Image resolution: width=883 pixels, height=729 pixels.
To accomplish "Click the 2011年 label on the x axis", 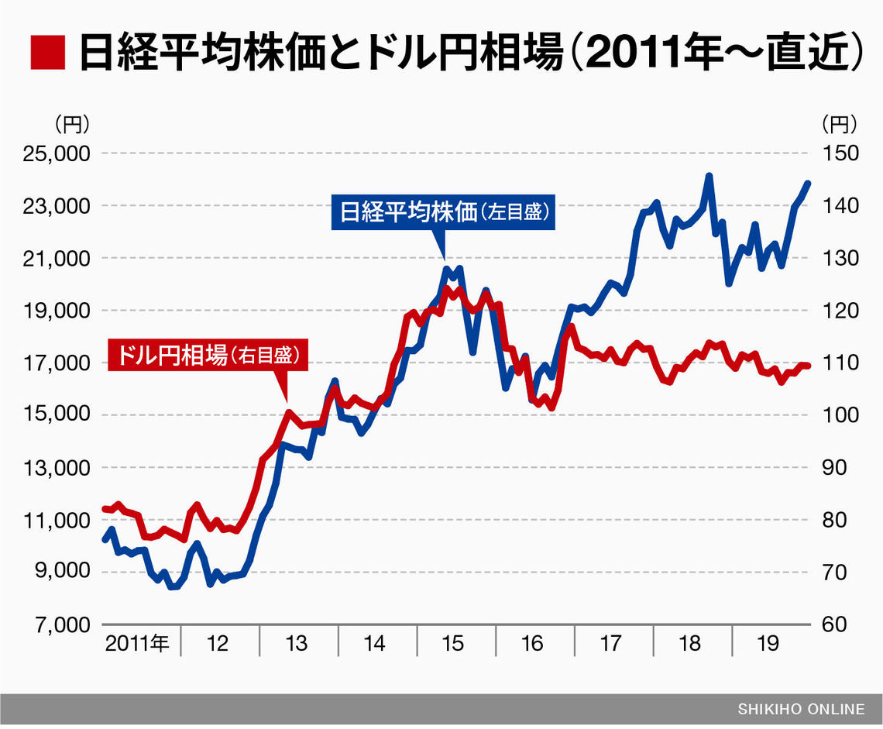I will tap(137, 643).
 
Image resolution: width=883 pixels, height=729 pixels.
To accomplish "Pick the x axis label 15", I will tap(453, 643).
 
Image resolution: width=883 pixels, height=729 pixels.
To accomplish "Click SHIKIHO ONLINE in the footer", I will tap(801, 709).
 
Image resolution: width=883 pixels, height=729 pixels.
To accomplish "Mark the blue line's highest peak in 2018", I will tap(708, 177).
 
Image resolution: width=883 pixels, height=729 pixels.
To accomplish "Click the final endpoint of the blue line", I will tap(808, 184).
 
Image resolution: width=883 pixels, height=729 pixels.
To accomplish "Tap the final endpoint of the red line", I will tap(808, 366).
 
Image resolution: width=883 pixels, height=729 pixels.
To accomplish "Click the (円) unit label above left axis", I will tap(72, 122).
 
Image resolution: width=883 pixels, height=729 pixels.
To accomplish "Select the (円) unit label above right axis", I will tap(839, 122).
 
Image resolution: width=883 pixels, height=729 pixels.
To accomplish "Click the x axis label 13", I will tap(296, 643).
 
